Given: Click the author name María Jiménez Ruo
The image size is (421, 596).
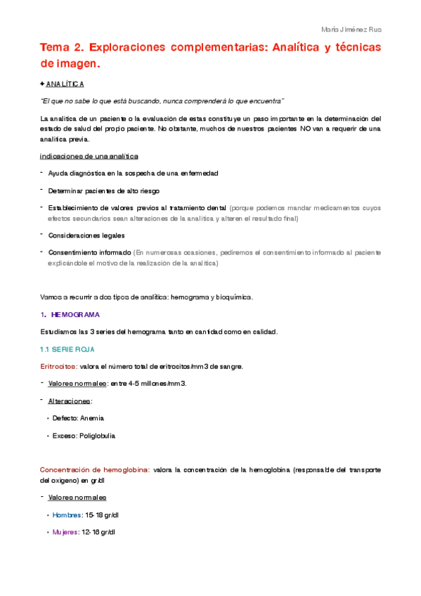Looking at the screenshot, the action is (351, 30).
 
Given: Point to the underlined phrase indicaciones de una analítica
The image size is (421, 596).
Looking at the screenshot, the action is (89, 155).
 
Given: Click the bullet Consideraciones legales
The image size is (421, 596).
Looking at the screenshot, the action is (86, 235).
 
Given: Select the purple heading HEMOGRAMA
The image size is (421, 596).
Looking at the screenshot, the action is (75, 314).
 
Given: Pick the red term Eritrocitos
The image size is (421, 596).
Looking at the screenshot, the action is (58, 366).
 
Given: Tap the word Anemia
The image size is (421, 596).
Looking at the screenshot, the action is (93, 417).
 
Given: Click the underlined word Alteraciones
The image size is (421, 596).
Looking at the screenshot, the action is (70, 401).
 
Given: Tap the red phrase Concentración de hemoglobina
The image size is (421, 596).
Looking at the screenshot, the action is (94, 469).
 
